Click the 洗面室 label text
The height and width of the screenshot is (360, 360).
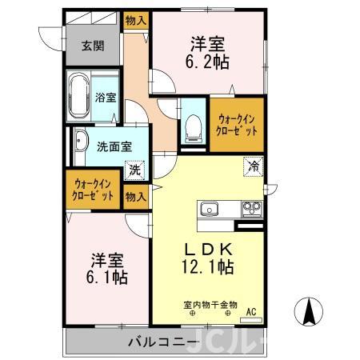[x=114, y=146]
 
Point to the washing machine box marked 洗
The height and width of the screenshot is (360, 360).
[x=135, y=169]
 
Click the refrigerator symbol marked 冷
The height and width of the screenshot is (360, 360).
[x=252, y=167]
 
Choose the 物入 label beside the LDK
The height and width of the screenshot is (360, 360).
[x=135, y=195]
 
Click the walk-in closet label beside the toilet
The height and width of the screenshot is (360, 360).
[x=237, y=123]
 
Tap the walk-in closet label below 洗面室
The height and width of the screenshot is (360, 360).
[x=94, y=188]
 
